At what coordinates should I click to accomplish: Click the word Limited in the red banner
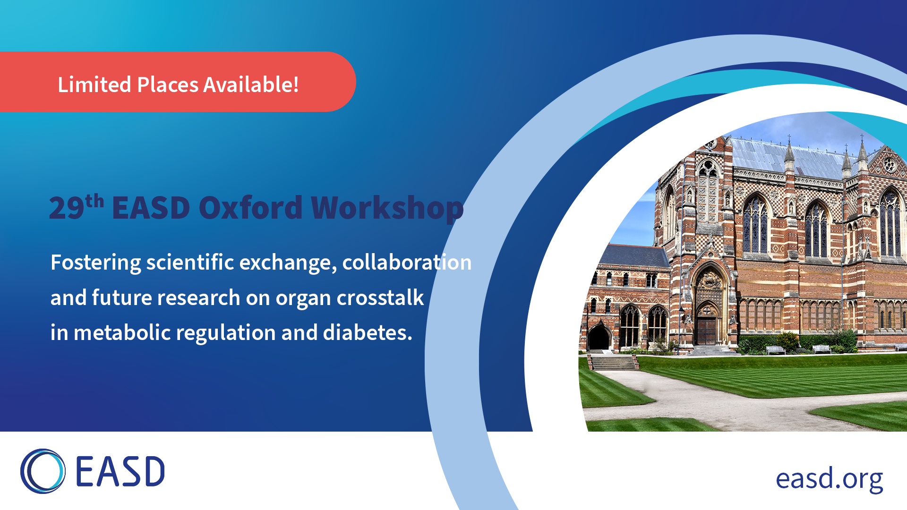(x=94, y=85)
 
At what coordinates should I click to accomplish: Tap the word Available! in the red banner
(x=251, y=85)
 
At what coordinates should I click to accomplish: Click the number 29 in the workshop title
(x=67, y=208)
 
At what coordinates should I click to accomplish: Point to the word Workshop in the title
(x=387, y=208)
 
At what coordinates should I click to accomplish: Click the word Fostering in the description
(x=95, y=263)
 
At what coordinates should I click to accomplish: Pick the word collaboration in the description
(x=407, y=262)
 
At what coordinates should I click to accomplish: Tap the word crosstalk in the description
(x=380, y=297)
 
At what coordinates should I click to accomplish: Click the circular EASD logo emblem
(x=43, y=471)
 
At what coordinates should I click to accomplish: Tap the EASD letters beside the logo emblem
(x=120, y=471)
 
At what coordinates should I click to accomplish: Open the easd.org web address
(x=830, y=479)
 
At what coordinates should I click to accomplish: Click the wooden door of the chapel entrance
(x=707, y=331)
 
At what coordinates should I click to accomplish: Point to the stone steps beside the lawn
(x=613, y=363)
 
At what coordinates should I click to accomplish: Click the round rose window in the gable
(x=890, y=165)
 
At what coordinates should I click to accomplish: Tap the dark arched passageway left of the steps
(x=599, y=337)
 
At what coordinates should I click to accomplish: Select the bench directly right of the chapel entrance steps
(x=775, y=349)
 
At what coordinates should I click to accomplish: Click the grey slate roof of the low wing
(x=633, y=255)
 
